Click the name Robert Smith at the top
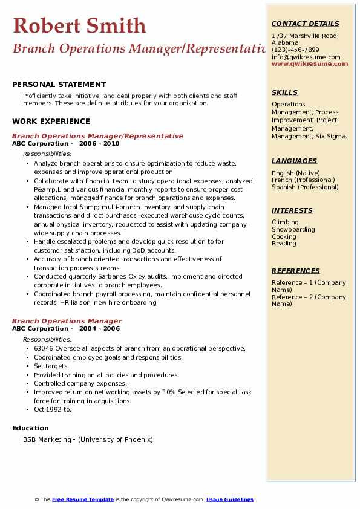coord(79,25)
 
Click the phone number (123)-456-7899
coord(295,50)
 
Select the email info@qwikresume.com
coord(306,57)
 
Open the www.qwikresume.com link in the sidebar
coord(310,63)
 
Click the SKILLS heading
coord(284,92)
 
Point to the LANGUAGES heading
coord(294,161)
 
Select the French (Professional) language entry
coord(303,180)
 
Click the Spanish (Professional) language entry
coord(305,187)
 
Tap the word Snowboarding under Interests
coord(293,230)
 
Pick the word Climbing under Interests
coord(285,222)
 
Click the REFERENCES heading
coord(296,271)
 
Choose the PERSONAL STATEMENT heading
coord(59,85)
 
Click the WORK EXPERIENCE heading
coord(51,122)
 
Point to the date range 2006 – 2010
coord(99,144)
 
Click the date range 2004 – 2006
coord(99,329)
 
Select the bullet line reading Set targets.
coord(51,366)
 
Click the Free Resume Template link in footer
coord(83,499)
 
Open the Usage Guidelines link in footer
coord(230,499)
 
